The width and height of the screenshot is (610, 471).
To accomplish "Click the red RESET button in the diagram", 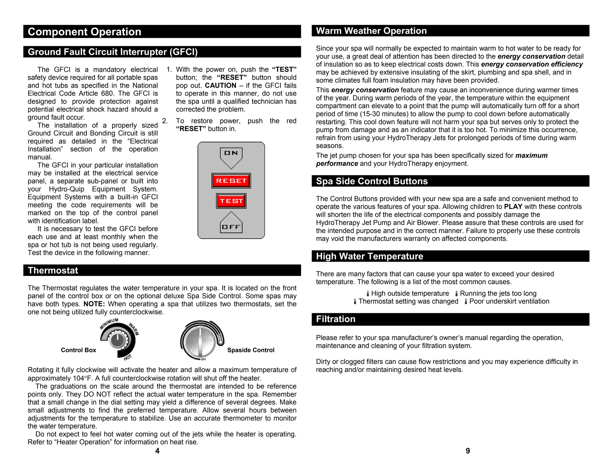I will [231, 181].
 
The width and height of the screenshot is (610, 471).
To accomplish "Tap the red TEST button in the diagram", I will [231, 201].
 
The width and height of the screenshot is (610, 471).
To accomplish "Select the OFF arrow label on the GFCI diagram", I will [231, 227].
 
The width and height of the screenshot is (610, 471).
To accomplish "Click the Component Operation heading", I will [84, 32].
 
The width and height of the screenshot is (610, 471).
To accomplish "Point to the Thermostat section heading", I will [53, 270].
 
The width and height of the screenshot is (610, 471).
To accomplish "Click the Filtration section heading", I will [336, 319].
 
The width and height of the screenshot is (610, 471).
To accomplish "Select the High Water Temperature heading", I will [369, 256].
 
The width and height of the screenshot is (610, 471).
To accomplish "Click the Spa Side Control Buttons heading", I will [372, 181].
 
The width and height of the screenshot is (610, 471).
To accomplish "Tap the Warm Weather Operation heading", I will [371, 31].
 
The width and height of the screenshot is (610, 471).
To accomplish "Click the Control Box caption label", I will [78, 350].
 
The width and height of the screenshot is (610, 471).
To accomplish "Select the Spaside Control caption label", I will [250, 350].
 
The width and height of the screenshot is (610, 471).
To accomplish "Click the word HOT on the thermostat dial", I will [127, 358].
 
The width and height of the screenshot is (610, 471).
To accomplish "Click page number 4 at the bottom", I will [157, 451].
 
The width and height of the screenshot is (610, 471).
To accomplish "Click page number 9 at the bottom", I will [468, 451].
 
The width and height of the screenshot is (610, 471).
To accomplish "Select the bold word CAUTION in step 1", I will [220, 85].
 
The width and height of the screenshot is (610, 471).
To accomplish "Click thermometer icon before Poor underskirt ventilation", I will [466, 302].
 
